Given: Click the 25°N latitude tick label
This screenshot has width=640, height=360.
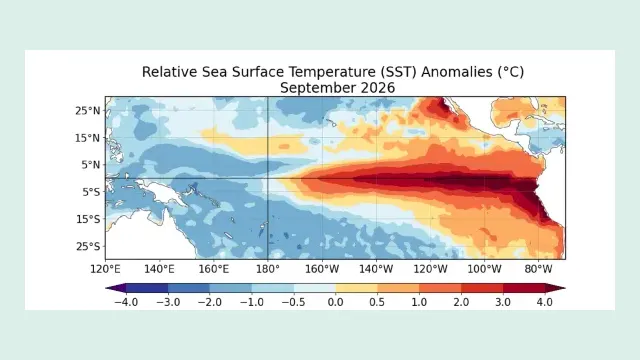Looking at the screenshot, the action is click(87, 111).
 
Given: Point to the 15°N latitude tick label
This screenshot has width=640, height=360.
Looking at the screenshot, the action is click(87, 138).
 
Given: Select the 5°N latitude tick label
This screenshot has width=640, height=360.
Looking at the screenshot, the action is click(91, 165).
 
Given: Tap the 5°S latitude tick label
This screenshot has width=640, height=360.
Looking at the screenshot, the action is click(91, 192).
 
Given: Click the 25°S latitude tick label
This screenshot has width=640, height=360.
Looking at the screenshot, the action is click(88, 247).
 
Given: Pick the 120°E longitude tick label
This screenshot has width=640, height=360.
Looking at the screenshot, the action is click(105, 269).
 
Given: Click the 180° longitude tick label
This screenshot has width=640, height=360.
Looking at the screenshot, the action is click(268, 269).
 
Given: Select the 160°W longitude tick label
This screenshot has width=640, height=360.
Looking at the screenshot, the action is click(322, 269).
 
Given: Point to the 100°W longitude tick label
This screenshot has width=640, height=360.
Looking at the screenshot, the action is click(484, 269).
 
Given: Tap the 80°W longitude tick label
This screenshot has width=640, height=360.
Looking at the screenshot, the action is click(538, 269).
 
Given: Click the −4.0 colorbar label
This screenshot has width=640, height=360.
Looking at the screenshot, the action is click(126, 302).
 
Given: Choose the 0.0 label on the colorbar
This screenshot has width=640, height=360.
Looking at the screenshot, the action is click(336, 302).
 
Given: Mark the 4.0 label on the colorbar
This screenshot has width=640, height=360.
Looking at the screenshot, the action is click(545, 302).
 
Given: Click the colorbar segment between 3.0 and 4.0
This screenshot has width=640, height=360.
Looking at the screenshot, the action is click(524, 288).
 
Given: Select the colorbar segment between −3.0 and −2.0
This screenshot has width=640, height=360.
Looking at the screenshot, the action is click(189, 288).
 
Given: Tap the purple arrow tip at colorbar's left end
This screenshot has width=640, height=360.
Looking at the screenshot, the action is click(106, 288).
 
